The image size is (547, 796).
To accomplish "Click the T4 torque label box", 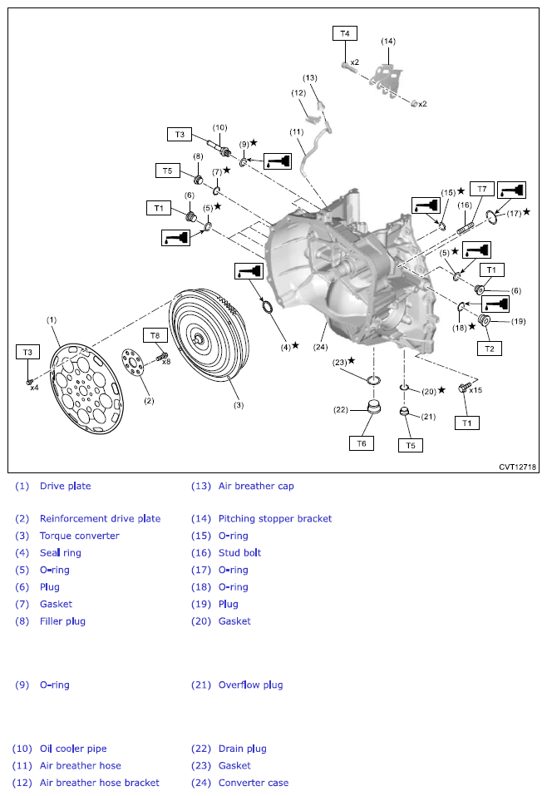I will tap(345, 33).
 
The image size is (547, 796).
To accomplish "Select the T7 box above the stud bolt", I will tap(482, 189).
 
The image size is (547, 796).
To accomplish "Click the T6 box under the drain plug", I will tap(361, 443).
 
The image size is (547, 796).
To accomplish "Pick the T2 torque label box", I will tap(490, 349).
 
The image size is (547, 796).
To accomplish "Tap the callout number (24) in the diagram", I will tap(321, 347).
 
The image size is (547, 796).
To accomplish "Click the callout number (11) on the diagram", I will tap(296, 132).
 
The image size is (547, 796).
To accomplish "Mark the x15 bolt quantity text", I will tap(476, 389).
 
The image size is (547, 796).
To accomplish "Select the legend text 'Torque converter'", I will tap(79, 536).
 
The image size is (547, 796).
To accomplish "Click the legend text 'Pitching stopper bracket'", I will tap(274, 519).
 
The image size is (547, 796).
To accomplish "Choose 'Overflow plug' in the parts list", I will tap(250, 685).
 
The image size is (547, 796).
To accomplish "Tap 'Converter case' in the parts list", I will tap(253, 782).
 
